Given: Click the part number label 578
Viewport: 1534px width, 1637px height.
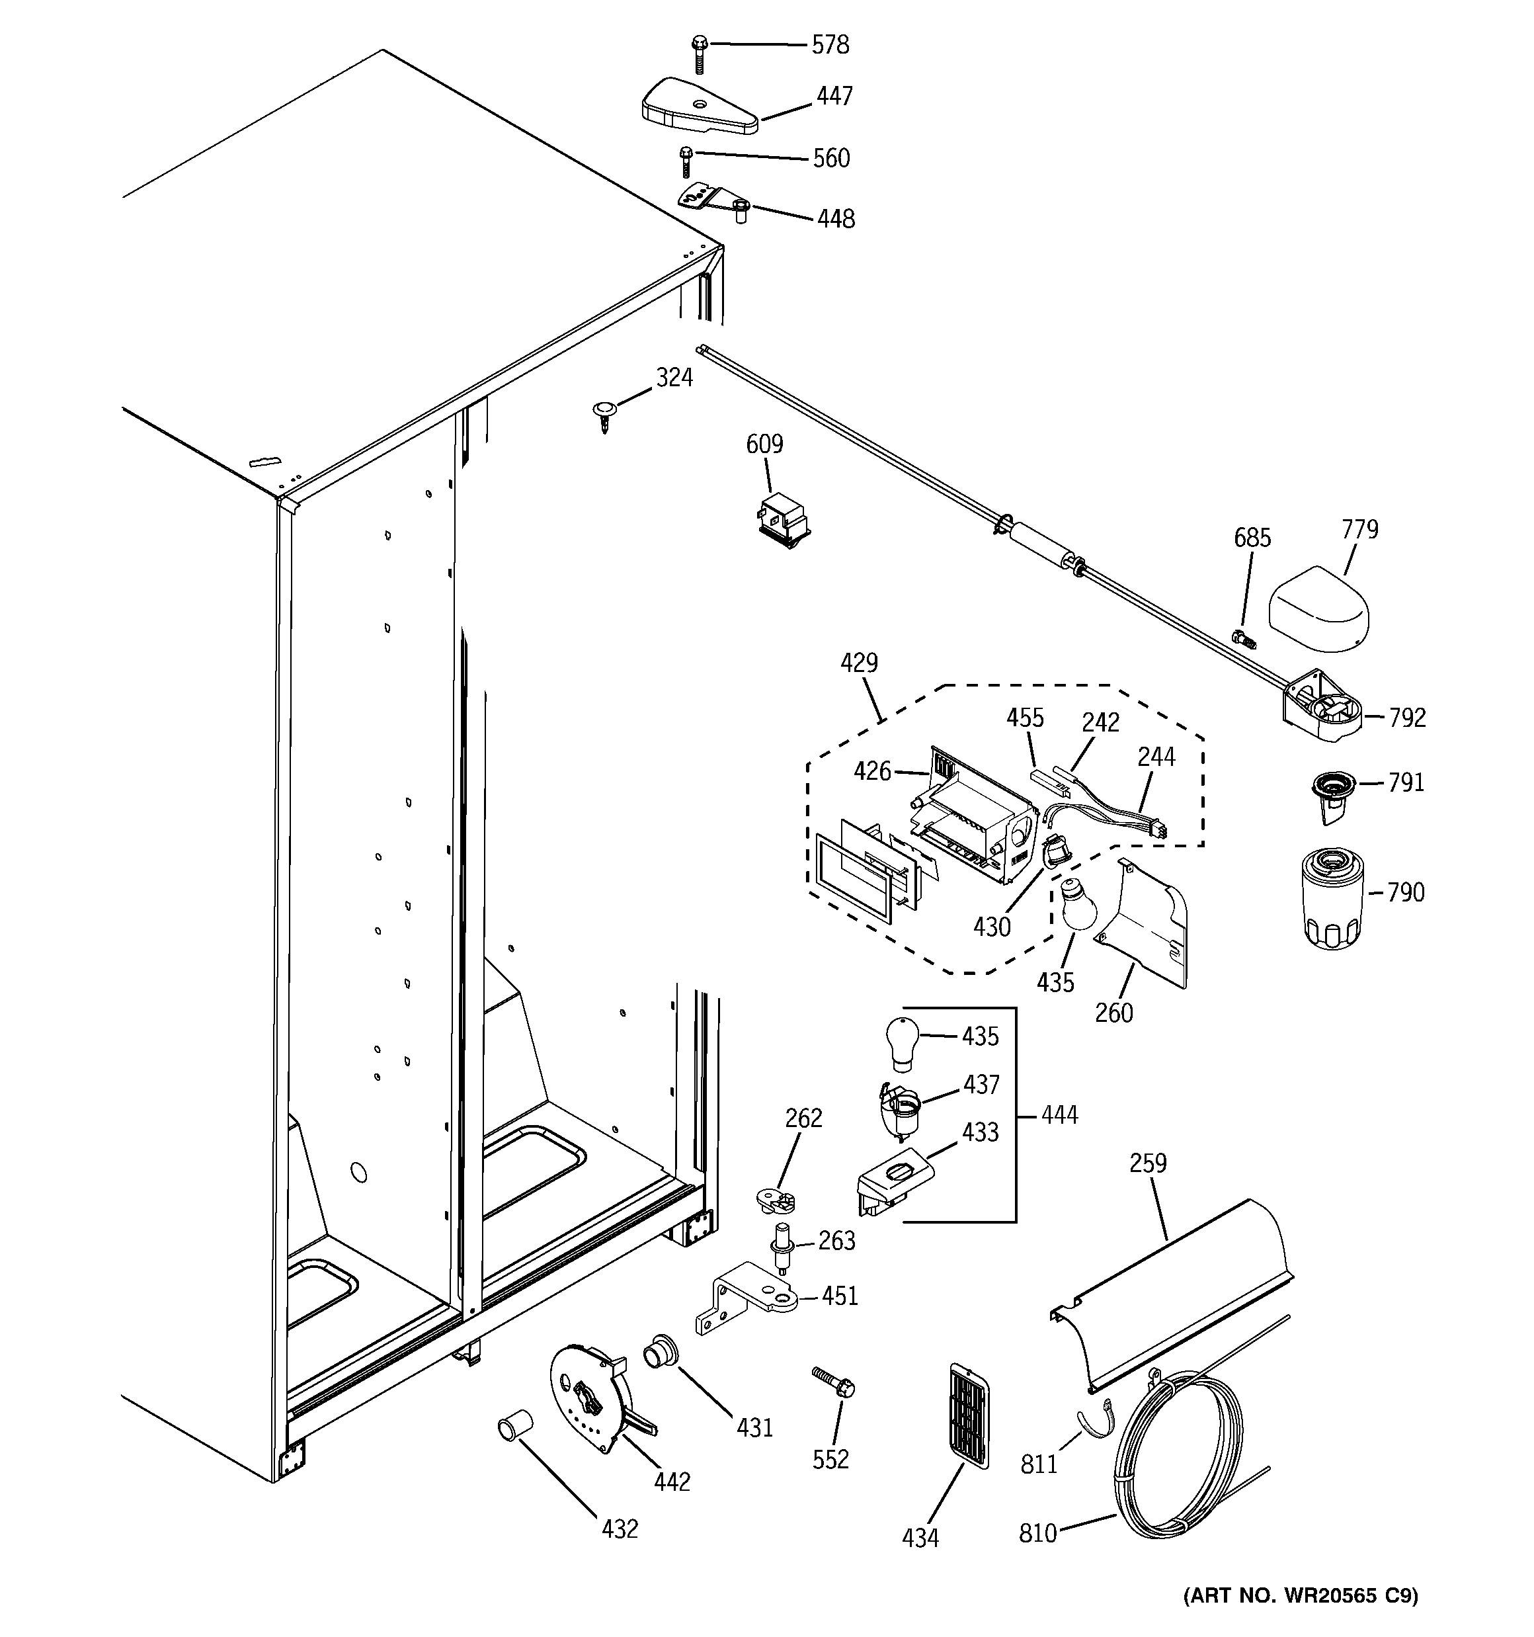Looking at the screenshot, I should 829,44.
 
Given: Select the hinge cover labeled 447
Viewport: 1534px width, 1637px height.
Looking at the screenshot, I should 698,108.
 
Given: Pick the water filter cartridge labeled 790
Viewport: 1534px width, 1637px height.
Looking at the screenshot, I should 1332,900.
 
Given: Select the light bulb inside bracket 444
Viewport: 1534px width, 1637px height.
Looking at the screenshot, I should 903,1042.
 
